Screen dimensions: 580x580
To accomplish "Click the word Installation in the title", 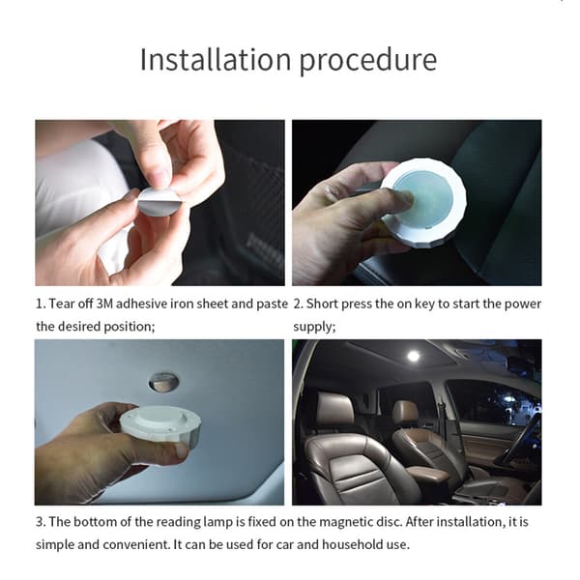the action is pos(216,59).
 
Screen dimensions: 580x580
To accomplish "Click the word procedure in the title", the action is pos(368,61).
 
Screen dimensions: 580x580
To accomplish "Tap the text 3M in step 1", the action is pos(104,304).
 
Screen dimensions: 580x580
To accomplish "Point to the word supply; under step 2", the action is pos(314,328).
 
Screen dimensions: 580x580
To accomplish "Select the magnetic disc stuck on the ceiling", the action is pos(163,382).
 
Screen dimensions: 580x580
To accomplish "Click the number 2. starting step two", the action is pos(298,304).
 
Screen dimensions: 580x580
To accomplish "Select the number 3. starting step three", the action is pos(41,522).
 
